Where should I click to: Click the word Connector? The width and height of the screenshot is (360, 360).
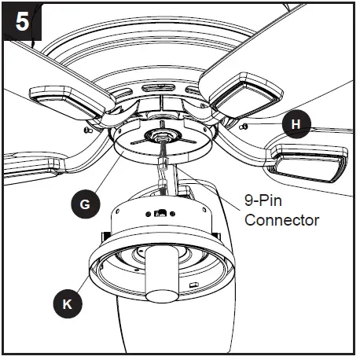[x=281, y=220]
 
